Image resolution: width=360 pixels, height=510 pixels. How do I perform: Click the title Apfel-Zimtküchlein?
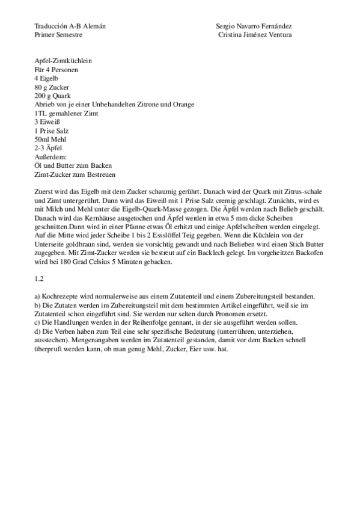pos(63,61)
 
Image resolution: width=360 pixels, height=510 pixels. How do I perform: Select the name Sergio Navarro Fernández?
pos(254,26)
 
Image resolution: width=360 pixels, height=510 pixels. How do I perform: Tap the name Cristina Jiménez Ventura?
pos(256,35)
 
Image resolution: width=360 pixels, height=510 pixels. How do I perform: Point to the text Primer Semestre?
pos(58,35)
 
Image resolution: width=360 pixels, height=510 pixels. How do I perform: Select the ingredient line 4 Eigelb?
pos(47,78)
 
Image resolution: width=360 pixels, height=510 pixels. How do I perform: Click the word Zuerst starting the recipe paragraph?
pos(44,191)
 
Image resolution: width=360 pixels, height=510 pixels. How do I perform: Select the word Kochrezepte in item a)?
pos(63,297)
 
